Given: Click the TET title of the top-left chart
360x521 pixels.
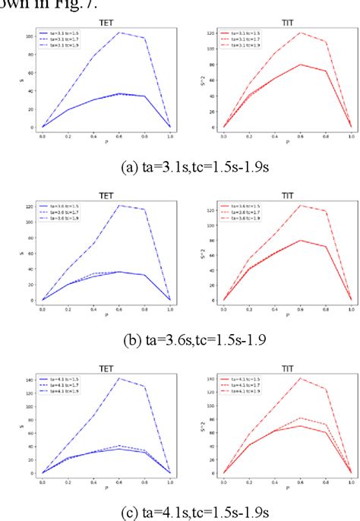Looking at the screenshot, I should (106, 24).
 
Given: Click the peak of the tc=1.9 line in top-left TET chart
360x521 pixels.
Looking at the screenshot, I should (118, 33).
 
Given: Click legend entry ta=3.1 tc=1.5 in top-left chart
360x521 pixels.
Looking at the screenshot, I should (66, 34).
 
